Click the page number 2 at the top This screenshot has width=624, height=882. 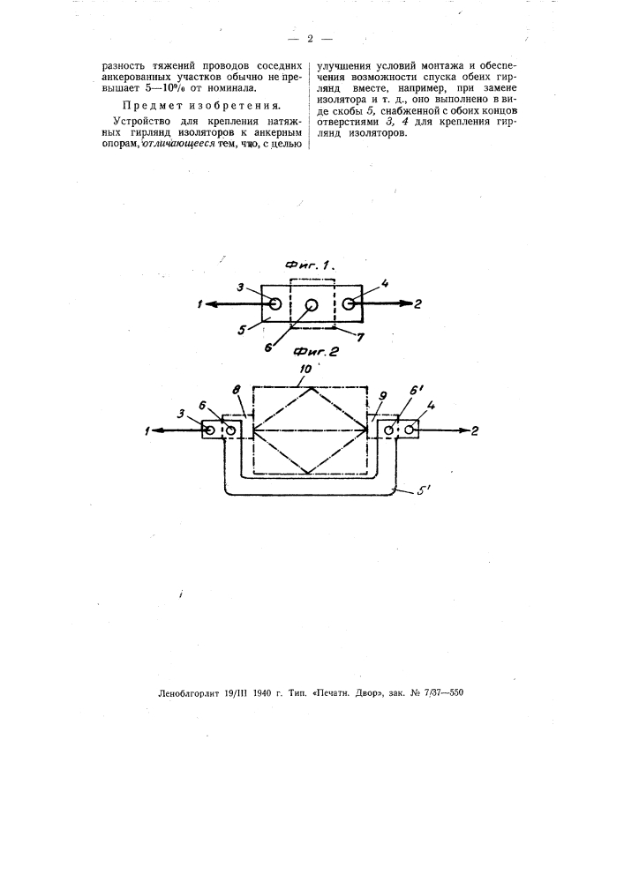tap(310, 39)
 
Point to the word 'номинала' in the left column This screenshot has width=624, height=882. tap(231, 88)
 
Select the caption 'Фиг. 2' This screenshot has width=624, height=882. tap(315, 353)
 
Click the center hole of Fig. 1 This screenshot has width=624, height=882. tap(312, 305)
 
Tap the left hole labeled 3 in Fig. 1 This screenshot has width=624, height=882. tap(274, 303)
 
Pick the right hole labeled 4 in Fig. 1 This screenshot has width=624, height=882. tap(348, 303)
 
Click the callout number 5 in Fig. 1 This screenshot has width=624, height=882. tap(241, 330)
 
